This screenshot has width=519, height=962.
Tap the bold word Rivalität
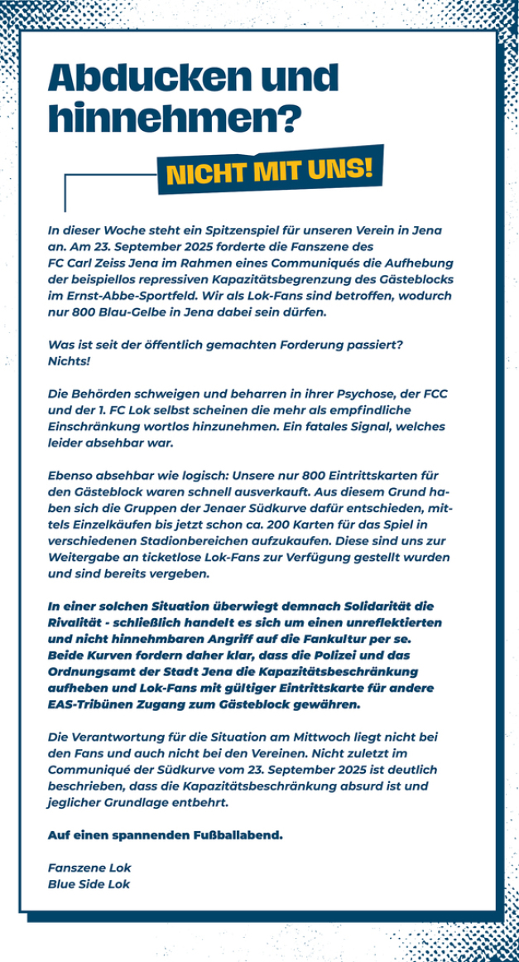tap(76, 622)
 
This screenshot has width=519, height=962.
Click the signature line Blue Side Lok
tap(89, 883)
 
